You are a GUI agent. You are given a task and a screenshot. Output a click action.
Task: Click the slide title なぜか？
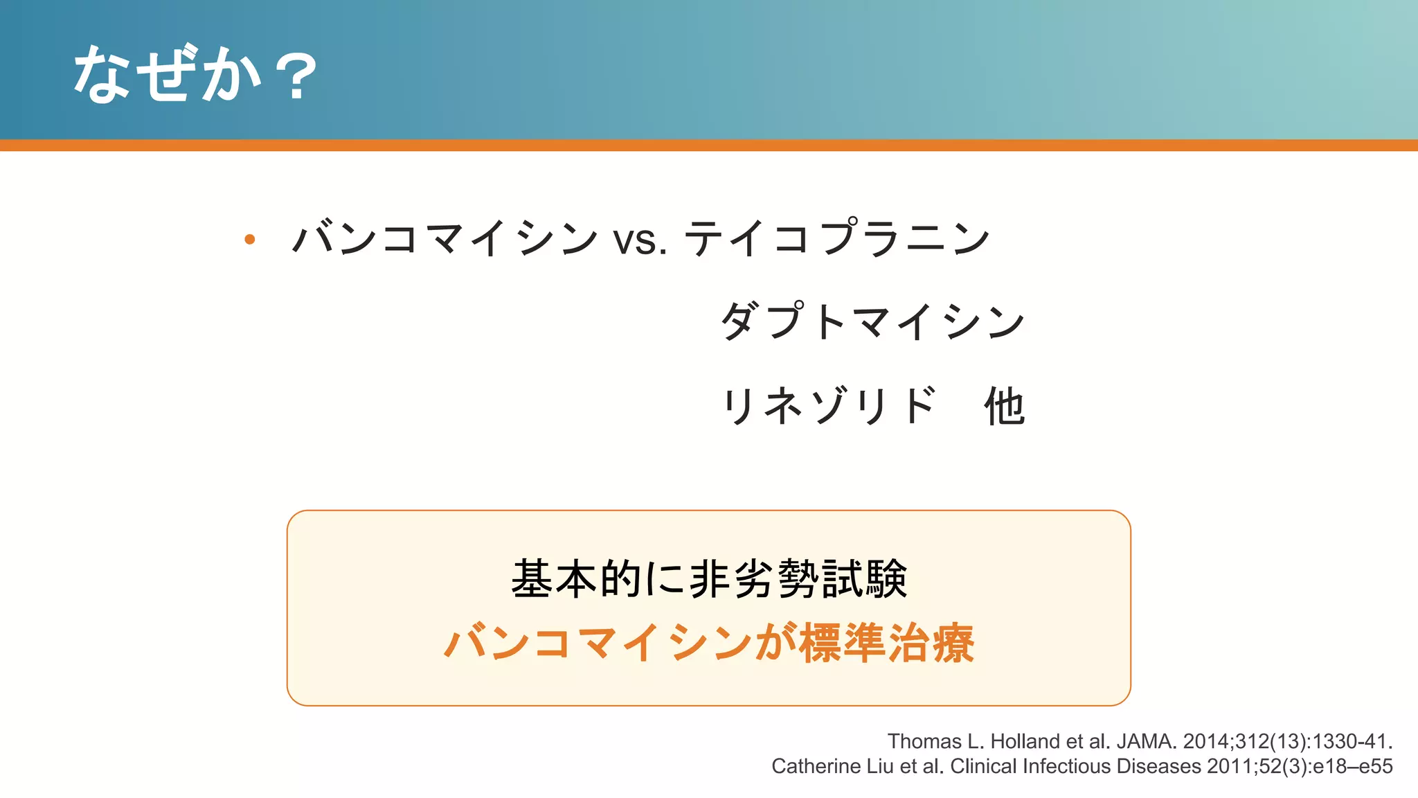pos(195,74)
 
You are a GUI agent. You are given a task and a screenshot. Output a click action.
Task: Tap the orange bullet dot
pos(250,240)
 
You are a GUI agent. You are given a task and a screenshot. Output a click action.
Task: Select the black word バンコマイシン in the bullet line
pos(445,238)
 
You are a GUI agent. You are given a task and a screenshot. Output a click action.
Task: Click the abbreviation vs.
pos(639,240)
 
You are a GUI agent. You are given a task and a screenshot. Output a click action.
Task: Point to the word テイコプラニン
pos(837,238)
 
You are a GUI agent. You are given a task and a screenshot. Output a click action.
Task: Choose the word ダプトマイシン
pos(872,322)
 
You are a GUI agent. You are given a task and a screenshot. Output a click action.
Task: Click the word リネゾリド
pos(829,406)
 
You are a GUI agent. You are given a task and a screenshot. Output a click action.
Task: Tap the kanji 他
pos(1004,406)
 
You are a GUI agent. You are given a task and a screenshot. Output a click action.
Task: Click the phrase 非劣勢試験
pos(798,579)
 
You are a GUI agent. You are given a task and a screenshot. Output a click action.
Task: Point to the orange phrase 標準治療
pos(887,643)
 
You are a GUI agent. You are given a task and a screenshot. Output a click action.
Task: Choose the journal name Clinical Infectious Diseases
pos(1075,766)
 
